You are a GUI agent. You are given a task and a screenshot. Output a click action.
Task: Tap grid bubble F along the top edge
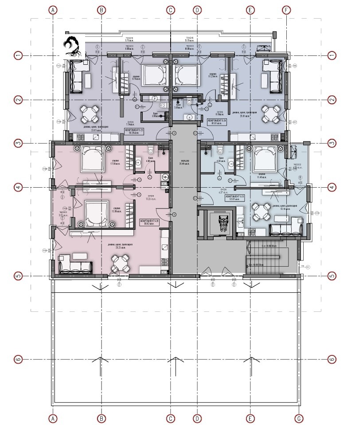pos(287,9)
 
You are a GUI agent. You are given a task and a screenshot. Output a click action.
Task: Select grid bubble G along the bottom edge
pos(300,418)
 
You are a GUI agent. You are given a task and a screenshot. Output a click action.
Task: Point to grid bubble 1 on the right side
pos(331,55)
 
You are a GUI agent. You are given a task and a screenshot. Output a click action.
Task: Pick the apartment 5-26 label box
pos(150,222)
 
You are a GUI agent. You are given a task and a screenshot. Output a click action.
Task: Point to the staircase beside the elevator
pos(266,259)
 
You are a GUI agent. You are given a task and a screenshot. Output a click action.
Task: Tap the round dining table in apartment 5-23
pos(90,114)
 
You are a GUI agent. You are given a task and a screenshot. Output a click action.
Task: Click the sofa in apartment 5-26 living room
pos(75,266)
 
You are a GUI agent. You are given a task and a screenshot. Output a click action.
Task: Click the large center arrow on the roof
pos(176,366)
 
